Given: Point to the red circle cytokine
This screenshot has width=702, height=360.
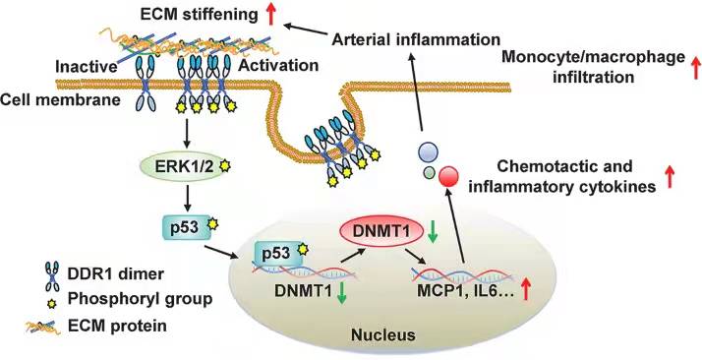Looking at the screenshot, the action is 448,175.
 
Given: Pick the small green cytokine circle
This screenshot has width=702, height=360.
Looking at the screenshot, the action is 429,171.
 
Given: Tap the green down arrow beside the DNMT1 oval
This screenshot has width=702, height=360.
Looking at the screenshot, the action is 432,234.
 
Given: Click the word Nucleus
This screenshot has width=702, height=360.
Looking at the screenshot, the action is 382,333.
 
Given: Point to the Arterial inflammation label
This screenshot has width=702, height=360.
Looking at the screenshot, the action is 416,39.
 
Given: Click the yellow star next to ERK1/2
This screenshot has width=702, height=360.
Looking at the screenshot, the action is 225,166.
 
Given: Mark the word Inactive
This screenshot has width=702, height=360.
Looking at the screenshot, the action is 86,67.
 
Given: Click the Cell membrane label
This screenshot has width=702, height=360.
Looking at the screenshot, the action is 60,100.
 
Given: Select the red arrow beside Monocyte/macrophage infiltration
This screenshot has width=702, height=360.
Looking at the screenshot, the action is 696,67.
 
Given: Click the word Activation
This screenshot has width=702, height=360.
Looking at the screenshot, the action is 278,66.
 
